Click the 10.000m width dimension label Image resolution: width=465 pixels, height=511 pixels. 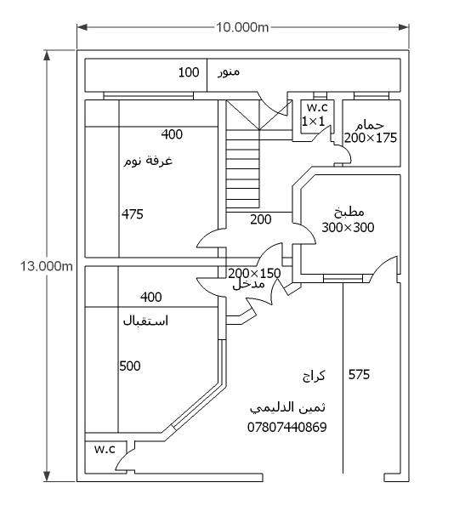point(242,27)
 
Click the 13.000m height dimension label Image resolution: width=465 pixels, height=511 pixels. point(47,266)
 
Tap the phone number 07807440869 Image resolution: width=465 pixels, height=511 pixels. point(287,427)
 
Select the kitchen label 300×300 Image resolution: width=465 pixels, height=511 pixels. point(348,228)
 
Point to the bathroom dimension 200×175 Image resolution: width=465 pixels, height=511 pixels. point(371,138)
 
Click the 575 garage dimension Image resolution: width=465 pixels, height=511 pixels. point(359,375)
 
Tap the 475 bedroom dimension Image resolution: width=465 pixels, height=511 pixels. point(133,214)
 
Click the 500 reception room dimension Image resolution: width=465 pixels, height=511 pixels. point(130,366)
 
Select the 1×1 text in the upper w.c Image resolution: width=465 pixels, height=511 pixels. point(313,122)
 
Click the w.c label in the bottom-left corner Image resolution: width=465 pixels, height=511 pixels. point(105,449)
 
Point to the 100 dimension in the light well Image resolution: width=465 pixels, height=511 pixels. point(189,72)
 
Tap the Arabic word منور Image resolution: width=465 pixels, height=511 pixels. point(229,72)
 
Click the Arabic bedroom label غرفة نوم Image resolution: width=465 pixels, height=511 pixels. point(148,161)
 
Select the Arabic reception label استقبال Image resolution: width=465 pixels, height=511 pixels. point(145,321)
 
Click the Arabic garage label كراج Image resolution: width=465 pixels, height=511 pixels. point(314,376)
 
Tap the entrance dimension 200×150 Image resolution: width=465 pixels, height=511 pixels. point(254,273)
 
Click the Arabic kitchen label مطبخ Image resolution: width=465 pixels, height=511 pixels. point(349,213)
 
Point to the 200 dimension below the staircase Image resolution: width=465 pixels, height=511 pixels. point(261,219)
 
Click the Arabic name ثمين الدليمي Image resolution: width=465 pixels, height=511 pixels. point(287,408)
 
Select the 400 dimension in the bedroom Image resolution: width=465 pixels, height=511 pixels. point(172,134)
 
